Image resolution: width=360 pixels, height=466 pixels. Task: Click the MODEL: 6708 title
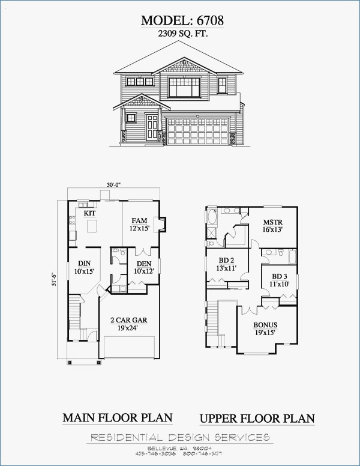[x=182, y=20]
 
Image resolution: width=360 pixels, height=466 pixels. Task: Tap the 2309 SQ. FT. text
[x=182, y=34]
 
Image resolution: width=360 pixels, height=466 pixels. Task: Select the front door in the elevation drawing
[x=152, y=127]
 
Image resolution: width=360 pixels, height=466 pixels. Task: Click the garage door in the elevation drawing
[x=197, y=131]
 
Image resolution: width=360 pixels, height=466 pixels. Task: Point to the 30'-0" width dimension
[x=114, y=184]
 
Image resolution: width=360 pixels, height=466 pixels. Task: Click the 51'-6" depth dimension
[x=54, y=279]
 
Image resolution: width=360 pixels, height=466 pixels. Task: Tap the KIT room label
[x=89, y=213]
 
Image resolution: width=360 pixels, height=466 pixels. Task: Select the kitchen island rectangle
[x=92, y=226]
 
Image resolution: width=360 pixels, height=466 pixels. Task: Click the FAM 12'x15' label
[x=139, y=225]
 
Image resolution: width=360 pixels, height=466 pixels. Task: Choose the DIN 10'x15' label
[x=85, y=267]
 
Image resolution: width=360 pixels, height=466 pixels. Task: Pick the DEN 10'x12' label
[x=144, y=267]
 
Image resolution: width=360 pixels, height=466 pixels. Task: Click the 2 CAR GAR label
[x=128, y=324]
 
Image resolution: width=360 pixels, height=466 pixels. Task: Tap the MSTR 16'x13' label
[x=272, y=226]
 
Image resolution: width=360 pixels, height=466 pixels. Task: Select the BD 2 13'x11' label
[x=226, y=264]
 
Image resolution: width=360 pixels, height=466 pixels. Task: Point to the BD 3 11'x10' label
[x=279, y=280]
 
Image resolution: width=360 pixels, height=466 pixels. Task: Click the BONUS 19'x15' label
[x=265, y=328]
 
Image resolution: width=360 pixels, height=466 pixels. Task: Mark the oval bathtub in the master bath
[x=212, y=218]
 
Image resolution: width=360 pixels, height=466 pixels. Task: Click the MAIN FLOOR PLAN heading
[x=118, y=418]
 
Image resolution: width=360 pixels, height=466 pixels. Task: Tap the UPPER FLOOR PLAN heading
[x=257, y=419]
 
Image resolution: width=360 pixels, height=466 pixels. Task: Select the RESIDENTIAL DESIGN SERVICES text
[x=180, y=437]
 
